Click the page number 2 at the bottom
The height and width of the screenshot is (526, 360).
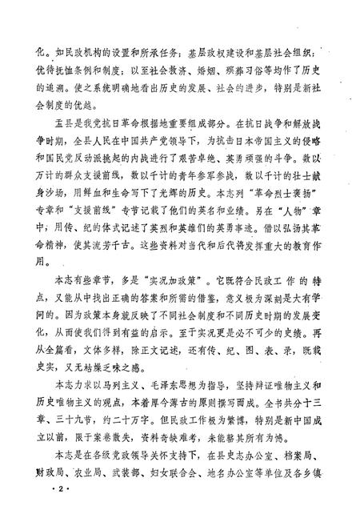point(35,509)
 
